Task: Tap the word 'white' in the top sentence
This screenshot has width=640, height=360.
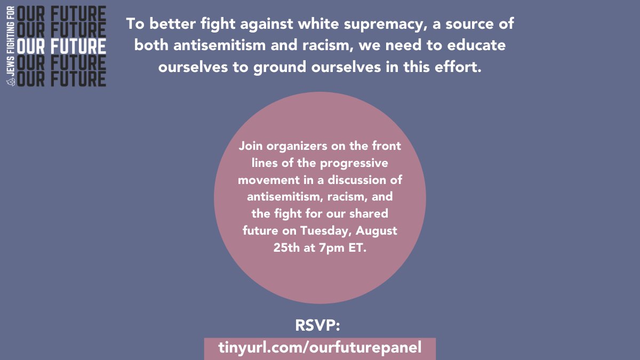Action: click(318, 23)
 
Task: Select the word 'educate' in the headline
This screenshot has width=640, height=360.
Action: click(476, 45)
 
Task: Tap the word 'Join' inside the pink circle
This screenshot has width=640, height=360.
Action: click(251, 146)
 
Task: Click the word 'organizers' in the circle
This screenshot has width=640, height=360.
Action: click(297, 147)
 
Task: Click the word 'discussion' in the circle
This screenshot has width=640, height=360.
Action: click(358, 180)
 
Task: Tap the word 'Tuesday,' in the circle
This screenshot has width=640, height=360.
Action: click(326, 231)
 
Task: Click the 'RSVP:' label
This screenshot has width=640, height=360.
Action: click(317, 325)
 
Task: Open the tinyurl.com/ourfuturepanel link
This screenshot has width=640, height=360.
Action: click(319, 348)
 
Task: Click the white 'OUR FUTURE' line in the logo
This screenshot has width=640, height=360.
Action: click(61, 46)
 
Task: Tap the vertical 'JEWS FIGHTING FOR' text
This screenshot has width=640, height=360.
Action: click(11, 41)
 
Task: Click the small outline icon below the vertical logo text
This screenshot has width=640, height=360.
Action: click(11, 82)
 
